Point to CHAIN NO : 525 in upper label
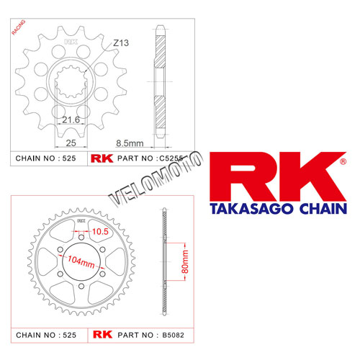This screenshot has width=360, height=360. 45,158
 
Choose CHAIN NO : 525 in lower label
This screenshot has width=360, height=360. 45,335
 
